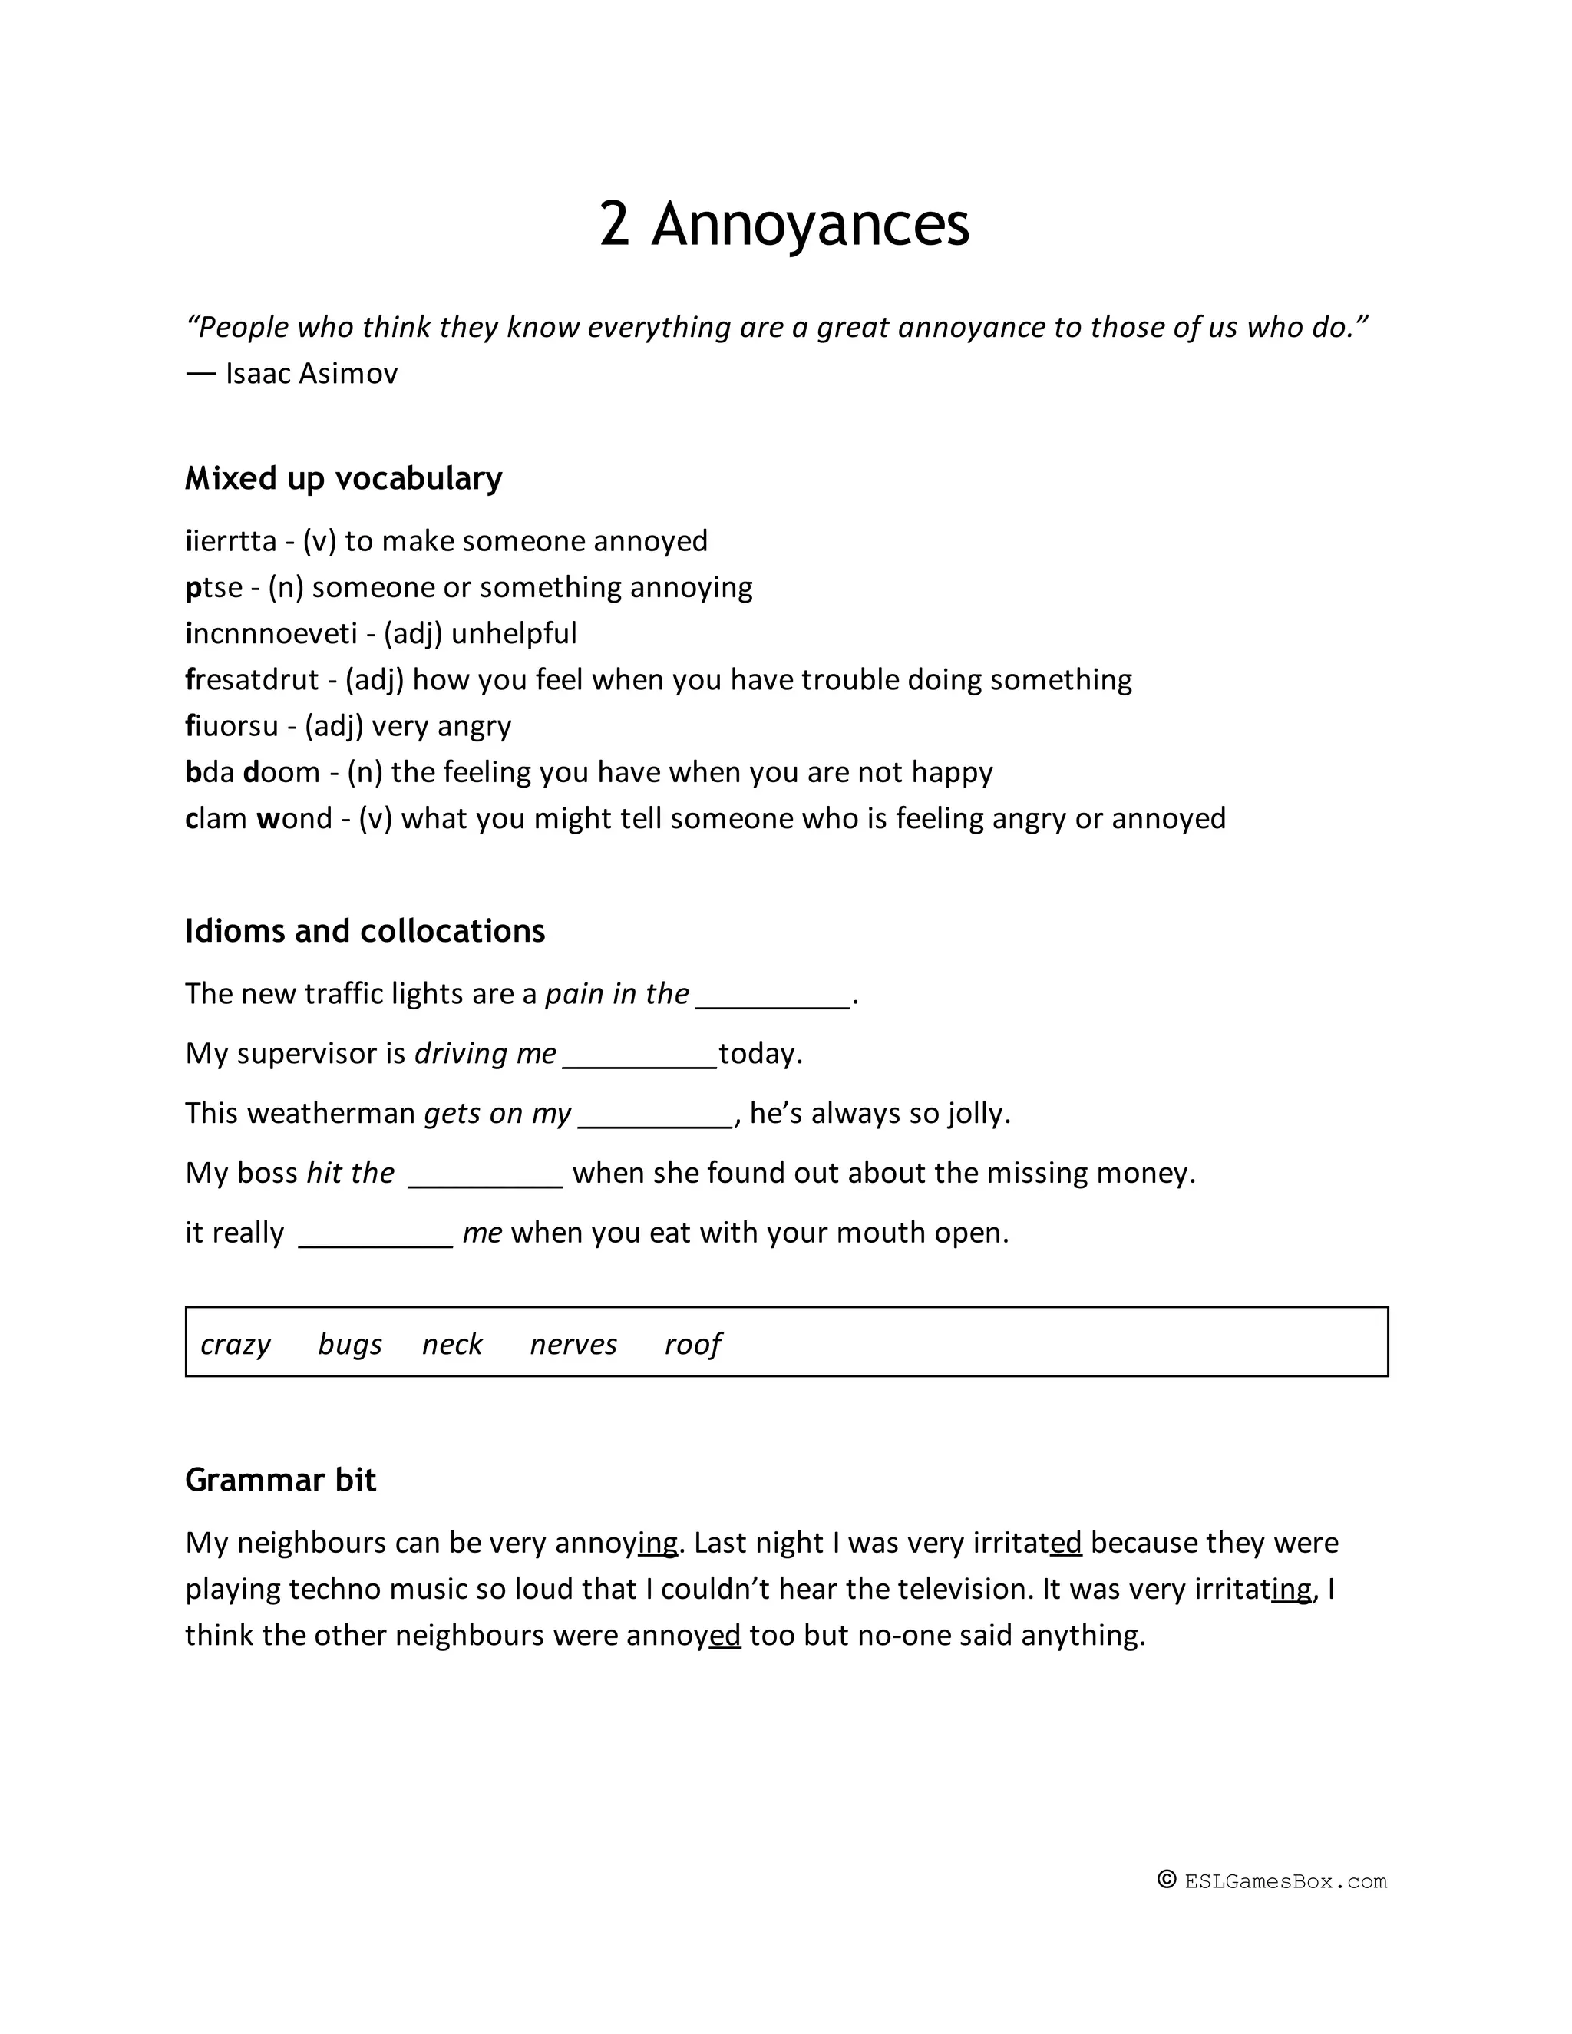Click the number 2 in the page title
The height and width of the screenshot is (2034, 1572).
pos(615,224)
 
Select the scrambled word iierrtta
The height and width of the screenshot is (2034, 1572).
pos(231,541)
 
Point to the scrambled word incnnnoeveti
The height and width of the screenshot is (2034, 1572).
pos(271,633)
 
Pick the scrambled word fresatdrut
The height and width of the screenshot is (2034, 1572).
pos(253,680)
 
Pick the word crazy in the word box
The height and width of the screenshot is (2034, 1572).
pos(235,1344)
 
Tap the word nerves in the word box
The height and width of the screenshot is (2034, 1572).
pos(573,1344)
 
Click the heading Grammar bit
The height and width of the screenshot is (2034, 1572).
pos(280,1480)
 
